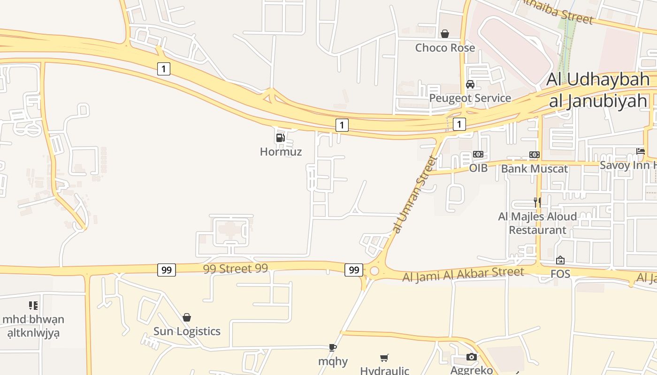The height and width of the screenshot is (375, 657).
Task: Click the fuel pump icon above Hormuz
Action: [280, 137]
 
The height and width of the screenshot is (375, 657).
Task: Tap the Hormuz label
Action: [281, 151]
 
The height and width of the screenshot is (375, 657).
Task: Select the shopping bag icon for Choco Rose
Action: [444, 34]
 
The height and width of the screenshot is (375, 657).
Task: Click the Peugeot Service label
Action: [470, 98]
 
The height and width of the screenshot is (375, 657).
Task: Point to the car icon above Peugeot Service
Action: [470, 84]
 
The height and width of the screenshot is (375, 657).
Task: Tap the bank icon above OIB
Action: [478, 154]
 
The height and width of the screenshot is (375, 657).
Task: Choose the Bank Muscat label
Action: [535, 168]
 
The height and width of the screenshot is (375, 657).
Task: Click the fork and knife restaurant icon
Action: [537, 202]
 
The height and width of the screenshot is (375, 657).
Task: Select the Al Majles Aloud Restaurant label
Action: [537, 223]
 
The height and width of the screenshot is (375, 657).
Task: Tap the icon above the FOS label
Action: [560, 260]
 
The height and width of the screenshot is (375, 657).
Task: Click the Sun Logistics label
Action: [187, 331]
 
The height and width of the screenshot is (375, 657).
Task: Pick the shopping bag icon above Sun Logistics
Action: [187, 317]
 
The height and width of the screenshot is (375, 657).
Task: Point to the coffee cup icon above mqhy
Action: [333, 347]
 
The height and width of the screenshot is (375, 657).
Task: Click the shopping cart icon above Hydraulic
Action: [384, 358]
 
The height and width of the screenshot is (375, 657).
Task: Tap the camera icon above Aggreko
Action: [472, 357]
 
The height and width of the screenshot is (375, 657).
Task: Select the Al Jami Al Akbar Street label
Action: [463, 274]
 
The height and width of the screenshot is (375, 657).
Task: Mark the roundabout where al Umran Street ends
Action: [374, 270]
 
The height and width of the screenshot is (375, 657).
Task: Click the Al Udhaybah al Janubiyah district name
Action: [598, 90]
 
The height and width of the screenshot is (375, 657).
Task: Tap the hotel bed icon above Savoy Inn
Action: [641, 151]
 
